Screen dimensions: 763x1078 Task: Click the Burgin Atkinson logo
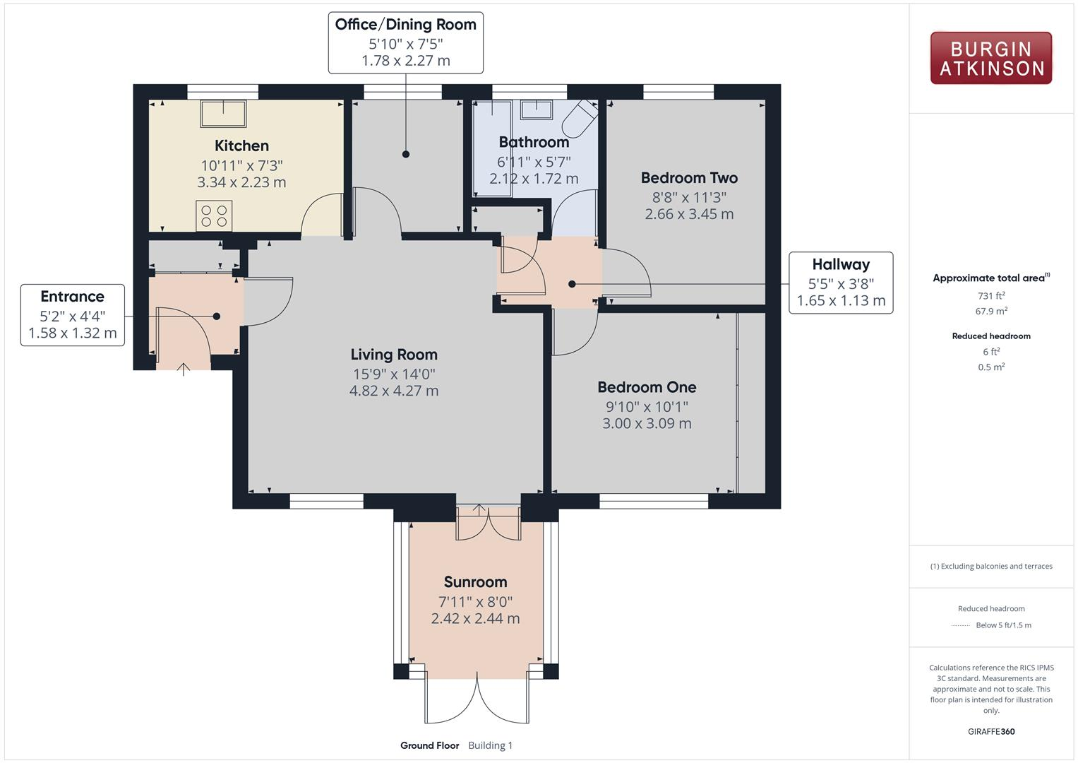pyautogui.click(x=990, y=59)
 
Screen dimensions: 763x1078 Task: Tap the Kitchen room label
pyautogui.click(x=241, y=146)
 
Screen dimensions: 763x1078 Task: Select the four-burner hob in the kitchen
pyautogui.click(x=214, y=216)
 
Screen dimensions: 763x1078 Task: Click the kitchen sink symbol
pyautogui.click(x=224, y=114)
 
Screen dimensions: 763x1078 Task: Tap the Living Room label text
pyautogui.click(x=394, y=355)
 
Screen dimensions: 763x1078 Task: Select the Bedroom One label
pyautogui.click(x=647, y=387)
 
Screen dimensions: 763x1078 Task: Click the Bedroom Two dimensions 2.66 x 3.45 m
pyautogui.click(x=689, y=214)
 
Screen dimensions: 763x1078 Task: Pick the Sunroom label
pyautogui.click(x=475, y=582)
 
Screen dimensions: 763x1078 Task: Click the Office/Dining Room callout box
pyautogui.click(x=405, y=42)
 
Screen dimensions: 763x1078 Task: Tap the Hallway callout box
pyautogui.click(x=840, y=283)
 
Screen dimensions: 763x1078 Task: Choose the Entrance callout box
pyautogui.click(x=73, y=315)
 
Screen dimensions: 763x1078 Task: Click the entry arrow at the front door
pyautogui.click(x=184, y=369)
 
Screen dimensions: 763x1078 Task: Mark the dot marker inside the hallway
pyautogui.click(x=572, y=284)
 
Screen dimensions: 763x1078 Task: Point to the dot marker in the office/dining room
pyautogui.click(x=406, y=154)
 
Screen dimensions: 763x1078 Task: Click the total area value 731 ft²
pyautogui.click(x=990, y=296)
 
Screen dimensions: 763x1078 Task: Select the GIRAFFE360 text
pyautogui.click(x=990, y=731)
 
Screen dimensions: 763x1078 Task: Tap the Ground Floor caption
pyautogui.click(x=429, y=745)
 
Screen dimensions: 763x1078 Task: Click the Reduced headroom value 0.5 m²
pyautogui.click(x=990, y=367)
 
